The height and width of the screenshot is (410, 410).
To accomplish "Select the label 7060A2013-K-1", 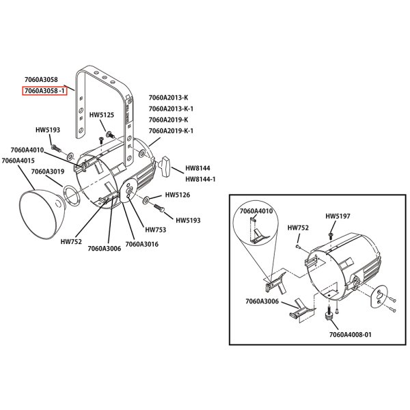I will (170, 109).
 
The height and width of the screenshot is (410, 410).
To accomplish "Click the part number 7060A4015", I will (18, 161).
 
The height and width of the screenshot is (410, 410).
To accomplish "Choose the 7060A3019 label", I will (48, 172).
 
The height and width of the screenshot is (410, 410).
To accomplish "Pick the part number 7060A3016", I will (141, 244).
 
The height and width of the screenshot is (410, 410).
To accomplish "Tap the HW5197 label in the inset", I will (338, 216).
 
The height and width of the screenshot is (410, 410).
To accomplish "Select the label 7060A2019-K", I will (167, 120).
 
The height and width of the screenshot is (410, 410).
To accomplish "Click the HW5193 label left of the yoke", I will (48, 129).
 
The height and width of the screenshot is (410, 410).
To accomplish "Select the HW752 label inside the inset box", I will (298, 228).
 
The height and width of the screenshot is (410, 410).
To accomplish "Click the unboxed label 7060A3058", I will (40, 80).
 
